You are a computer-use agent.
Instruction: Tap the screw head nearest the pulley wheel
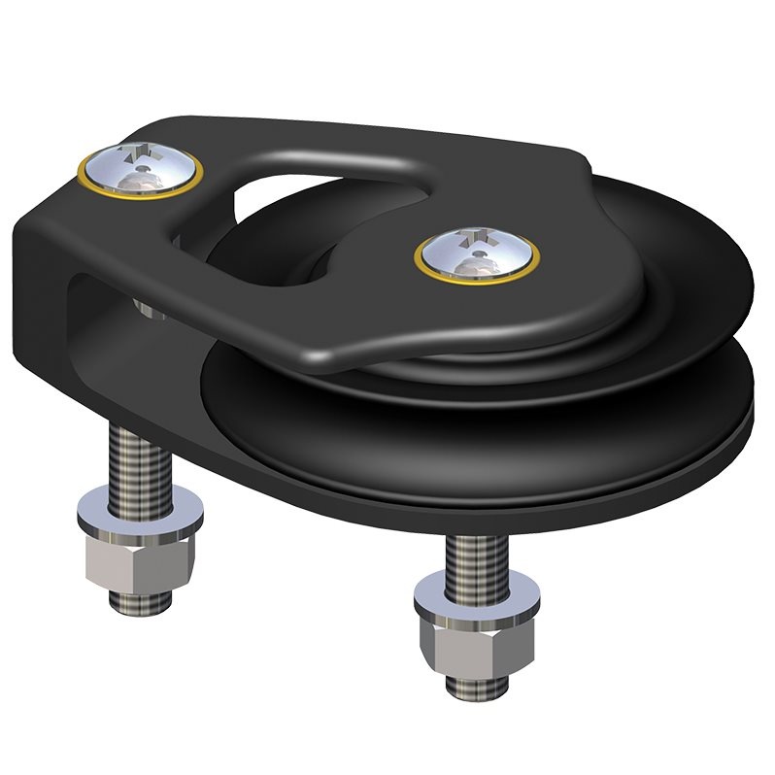coord(477,255)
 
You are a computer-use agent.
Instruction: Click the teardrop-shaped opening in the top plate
coord(282,233)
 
